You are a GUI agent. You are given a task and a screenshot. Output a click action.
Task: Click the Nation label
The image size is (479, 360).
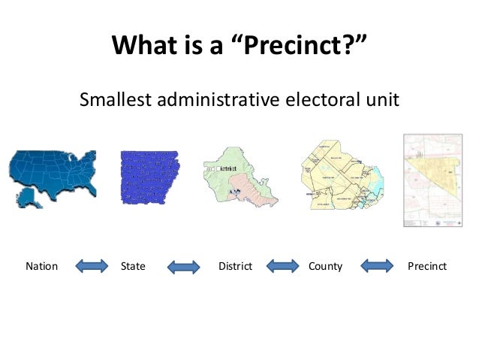tap(42, 266)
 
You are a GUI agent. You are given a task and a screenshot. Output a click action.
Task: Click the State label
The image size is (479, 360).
tap(133, 266)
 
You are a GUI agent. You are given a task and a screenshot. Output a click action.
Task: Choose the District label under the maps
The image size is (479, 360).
tap(234, 266)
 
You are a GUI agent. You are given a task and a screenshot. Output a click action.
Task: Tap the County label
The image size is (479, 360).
tap(325, 266)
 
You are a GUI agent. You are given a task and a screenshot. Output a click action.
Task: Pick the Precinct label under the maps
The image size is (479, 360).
tap(426, 266)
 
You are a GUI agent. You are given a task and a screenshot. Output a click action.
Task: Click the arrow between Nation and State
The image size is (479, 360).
tap(92, 266)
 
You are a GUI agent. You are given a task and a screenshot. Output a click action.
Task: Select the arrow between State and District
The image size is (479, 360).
tap(183, 267)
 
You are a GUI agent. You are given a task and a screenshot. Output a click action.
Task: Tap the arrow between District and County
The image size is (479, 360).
tap(283, 266)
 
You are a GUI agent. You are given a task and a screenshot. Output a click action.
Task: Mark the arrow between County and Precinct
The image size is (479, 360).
tap(377, 266)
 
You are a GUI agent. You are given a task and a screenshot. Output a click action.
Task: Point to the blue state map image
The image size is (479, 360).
tap(149, 178)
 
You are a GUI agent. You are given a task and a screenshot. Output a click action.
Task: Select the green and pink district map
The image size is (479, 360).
tap(240, 178)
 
